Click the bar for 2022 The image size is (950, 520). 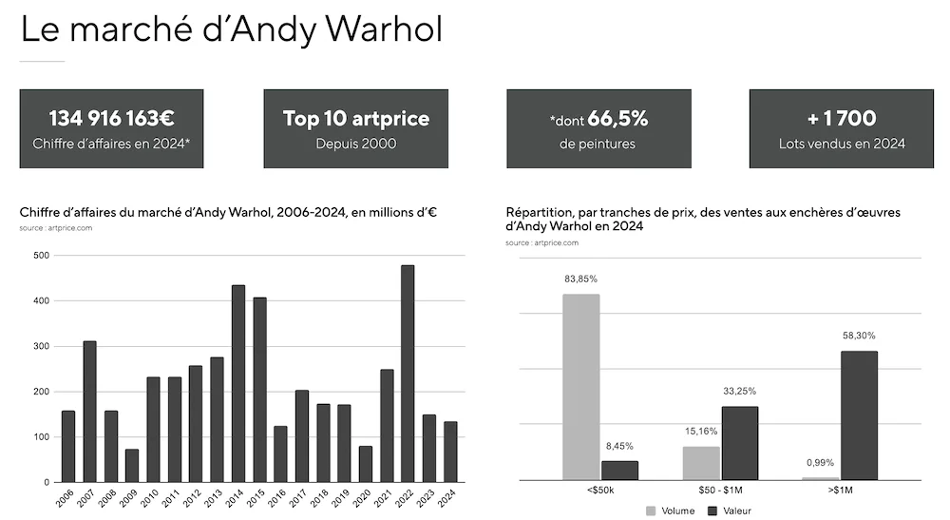tap(408, 374)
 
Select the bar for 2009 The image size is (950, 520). tap(132, 466)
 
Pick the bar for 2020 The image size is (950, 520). tap(366, 464)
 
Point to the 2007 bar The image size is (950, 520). tap(89, 411)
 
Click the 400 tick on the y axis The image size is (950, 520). tap(42, 301)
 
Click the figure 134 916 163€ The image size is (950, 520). tap(112, 119)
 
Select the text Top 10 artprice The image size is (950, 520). tap(355, 119)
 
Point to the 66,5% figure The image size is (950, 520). tap(617, 119)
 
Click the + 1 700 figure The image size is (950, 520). tap(841, 119)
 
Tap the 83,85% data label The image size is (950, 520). tap(580, 279)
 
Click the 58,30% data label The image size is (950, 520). tap(859, 336)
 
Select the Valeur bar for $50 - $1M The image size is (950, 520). tap(739, 443)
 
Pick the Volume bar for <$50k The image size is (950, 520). tap(580, 387)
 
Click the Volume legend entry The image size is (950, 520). tap(672, 510)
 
